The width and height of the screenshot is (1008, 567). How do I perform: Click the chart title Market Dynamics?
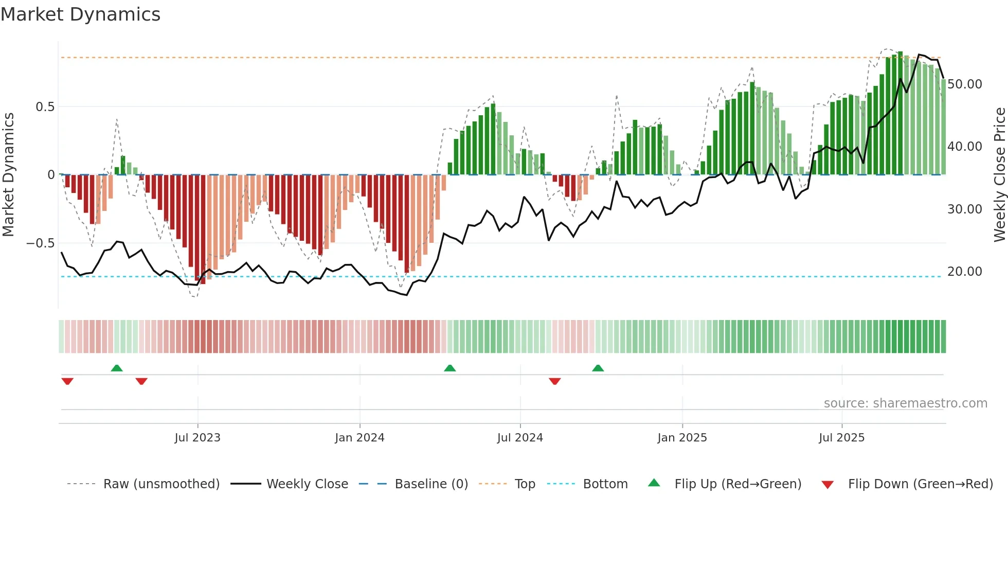pos(80,14)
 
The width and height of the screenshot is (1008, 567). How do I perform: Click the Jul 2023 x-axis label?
pos(197,438)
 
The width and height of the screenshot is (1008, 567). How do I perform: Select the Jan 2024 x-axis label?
pos(359,438)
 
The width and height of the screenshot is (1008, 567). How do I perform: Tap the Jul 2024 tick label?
pos(520,438)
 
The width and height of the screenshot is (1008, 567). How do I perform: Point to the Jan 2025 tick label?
pos(682,438)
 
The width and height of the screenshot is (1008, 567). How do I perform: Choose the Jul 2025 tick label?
pos(841,438)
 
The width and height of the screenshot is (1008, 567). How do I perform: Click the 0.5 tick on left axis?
pos(45,107)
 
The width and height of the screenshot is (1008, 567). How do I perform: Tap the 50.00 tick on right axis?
pos(964,84)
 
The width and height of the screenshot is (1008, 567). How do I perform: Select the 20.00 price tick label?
pos(964,272)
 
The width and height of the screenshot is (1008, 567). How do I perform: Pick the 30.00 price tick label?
pos(964,209)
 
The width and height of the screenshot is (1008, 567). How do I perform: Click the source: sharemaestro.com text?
pos(905,403)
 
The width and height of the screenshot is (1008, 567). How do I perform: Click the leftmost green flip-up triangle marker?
pos(117,368)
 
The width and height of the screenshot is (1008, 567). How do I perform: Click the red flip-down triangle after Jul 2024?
pos(554,381)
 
